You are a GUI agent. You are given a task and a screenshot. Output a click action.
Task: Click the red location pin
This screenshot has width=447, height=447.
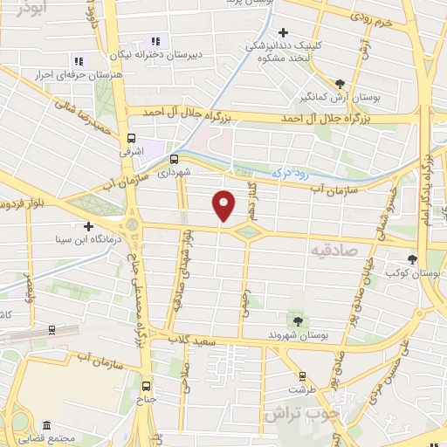point(224,206)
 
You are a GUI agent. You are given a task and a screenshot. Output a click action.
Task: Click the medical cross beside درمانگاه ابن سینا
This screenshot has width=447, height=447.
point(87,226)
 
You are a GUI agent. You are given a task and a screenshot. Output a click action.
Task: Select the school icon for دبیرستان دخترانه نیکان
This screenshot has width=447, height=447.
point(156,40)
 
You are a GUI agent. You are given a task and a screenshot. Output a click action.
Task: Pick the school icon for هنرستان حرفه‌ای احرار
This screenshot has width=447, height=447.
point(79,61)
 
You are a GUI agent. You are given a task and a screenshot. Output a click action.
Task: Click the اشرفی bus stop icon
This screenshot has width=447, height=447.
point(131,138)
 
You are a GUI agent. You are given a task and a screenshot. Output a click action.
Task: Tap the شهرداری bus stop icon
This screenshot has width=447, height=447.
point(174,159)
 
